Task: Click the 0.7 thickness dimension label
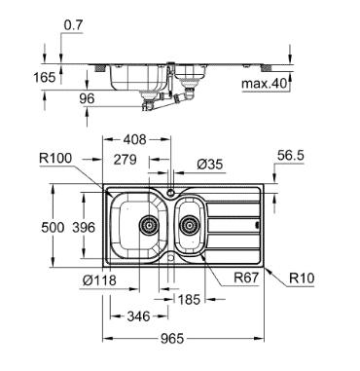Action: [73, 25]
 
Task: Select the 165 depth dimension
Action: [45, 77]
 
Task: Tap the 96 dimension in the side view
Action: [87, 98]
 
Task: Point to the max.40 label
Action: [265, 84]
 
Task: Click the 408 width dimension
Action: [135, 139]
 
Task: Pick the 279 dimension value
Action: [125, 160]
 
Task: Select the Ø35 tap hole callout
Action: [210, 165]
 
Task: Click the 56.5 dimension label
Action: [291, 156]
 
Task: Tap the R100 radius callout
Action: [55, 158]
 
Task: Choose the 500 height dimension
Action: [53, 227]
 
